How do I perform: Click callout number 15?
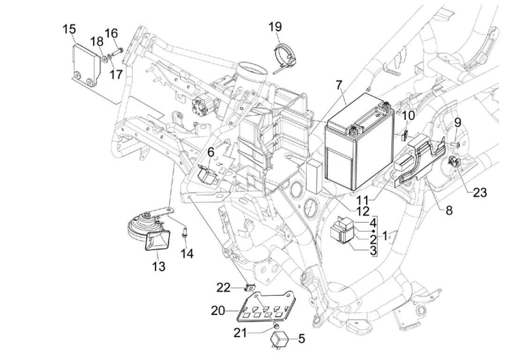coord(69,30)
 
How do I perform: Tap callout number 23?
coord(480,192)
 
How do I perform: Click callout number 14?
coord(188,254)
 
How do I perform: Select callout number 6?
coord(211,152)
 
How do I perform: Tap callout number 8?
coord(449,210)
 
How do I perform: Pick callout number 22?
coord(223,287)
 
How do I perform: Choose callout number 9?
coord(457,123)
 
